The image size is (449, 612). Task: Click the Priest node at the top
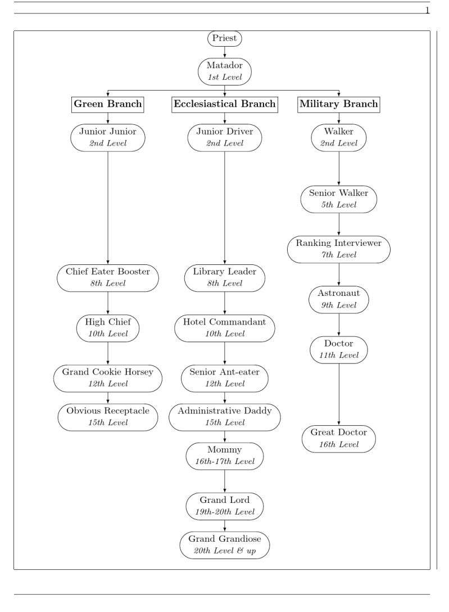point(225,39)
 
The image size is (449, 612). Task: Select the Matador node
point(225,71)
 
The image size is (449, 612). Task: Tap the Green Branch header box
point(108,104)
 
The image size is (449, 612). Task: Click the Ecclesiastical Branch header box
point(225,104)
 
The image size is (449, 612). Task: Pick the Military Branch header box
point(339,104)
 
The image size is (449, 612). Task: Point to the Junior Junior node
point(108,137)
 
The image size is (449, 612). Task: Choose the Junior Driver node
point(225,137)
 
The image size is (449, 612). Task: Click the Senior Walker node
point(339,199)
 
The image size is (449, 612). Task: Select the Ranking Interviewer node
point(339,249)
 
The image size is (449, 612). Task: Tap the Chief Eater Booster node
point(108,277)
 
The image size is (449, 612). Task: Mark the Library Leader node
point(225,277)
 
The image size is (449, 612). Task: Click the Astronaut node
point(339,299)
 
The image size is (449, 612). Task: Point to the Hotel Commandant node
point(225,328)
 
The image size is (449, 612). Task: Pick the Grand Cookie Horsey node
point(108,378)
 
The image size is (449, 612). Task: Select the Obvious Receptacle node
point(108,417)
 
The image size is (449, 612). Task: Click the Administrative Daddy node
point(225,417)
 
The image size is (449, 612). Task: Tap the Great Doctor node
point(339,438)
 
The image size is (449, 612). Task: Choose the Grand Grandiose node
point(225,545)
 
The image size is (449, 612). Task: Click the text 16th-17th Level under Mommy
point(225,462)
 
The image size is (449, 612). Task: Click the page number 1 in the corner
point(427,10)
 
